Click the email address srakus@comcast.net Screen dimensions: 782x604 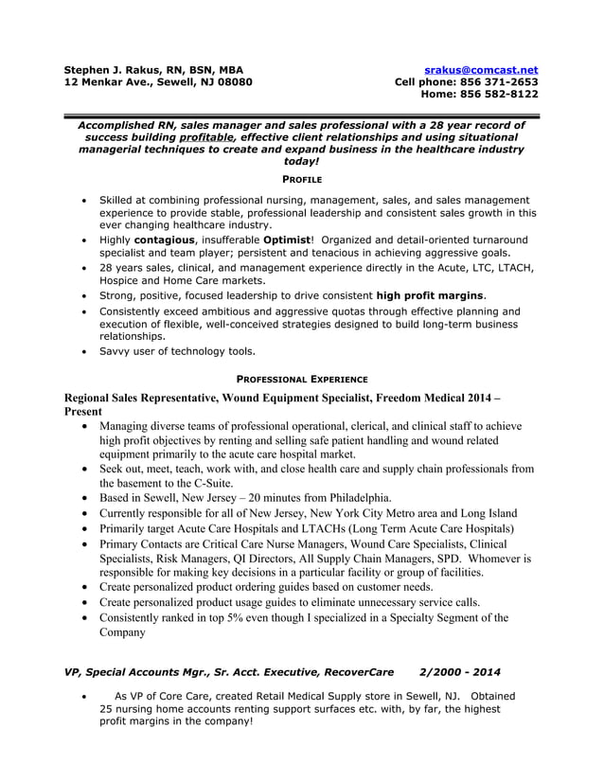481,69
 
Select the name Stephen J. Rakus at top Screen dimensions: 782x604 115,69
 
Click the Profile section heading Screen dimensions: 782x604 302,179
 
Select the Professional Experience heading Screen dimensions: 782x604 301,377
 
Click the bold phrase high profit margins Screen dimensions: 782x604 430,295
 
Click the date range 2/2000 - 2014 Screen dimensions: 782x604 459,672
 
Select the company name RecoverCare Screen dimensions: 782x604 355,672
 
